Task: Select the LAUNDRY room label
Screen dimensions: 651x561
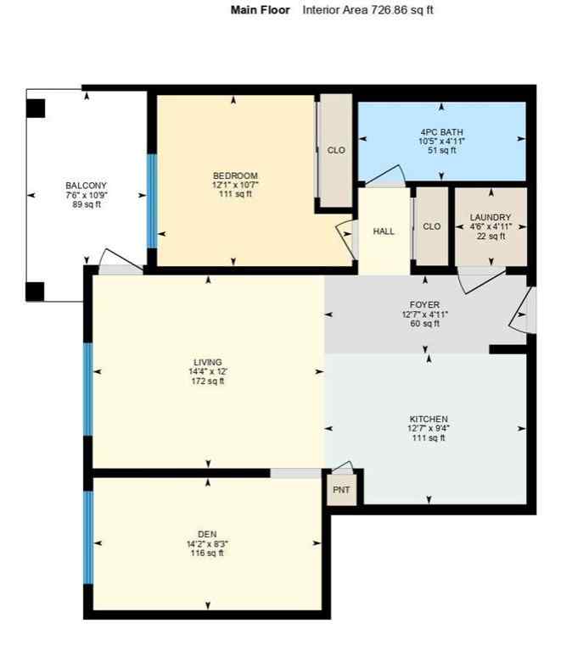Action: click(x=491, y=217)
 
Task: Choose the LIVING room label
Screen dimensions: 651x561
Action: click(x=208, y=362)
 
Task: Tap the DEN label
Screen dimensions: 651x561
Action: click(x=207, y=533)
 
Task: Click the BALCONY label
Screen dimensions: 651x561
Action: click(x=87, y=185)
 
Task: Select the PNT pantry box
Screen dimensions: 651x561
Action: click(x=343, y=491)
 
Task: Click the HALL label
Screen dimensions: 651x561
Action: click(x=384, y=231)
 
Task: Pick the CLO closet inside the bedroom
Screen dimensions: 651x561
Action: click(x=336, y=150)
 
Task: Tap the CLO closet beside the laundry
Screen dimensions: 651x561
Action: click(x=431, y=226)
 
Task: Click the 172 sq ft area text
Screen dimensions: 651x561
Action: click(x=208, y=381)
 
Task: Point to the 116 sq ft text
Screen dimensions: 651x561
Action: click(x=207, y=554)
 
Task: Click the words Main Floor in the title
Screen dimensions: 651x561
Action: click(x=261, y=10)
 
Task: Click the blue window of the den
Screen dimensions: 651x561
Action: click(x=87, y=537)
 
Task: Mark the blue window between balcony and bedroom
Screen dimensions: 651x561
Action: click(x=152, y=200)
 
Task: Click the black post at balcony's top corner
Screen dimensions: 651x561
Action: click(x=36, y=108)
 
